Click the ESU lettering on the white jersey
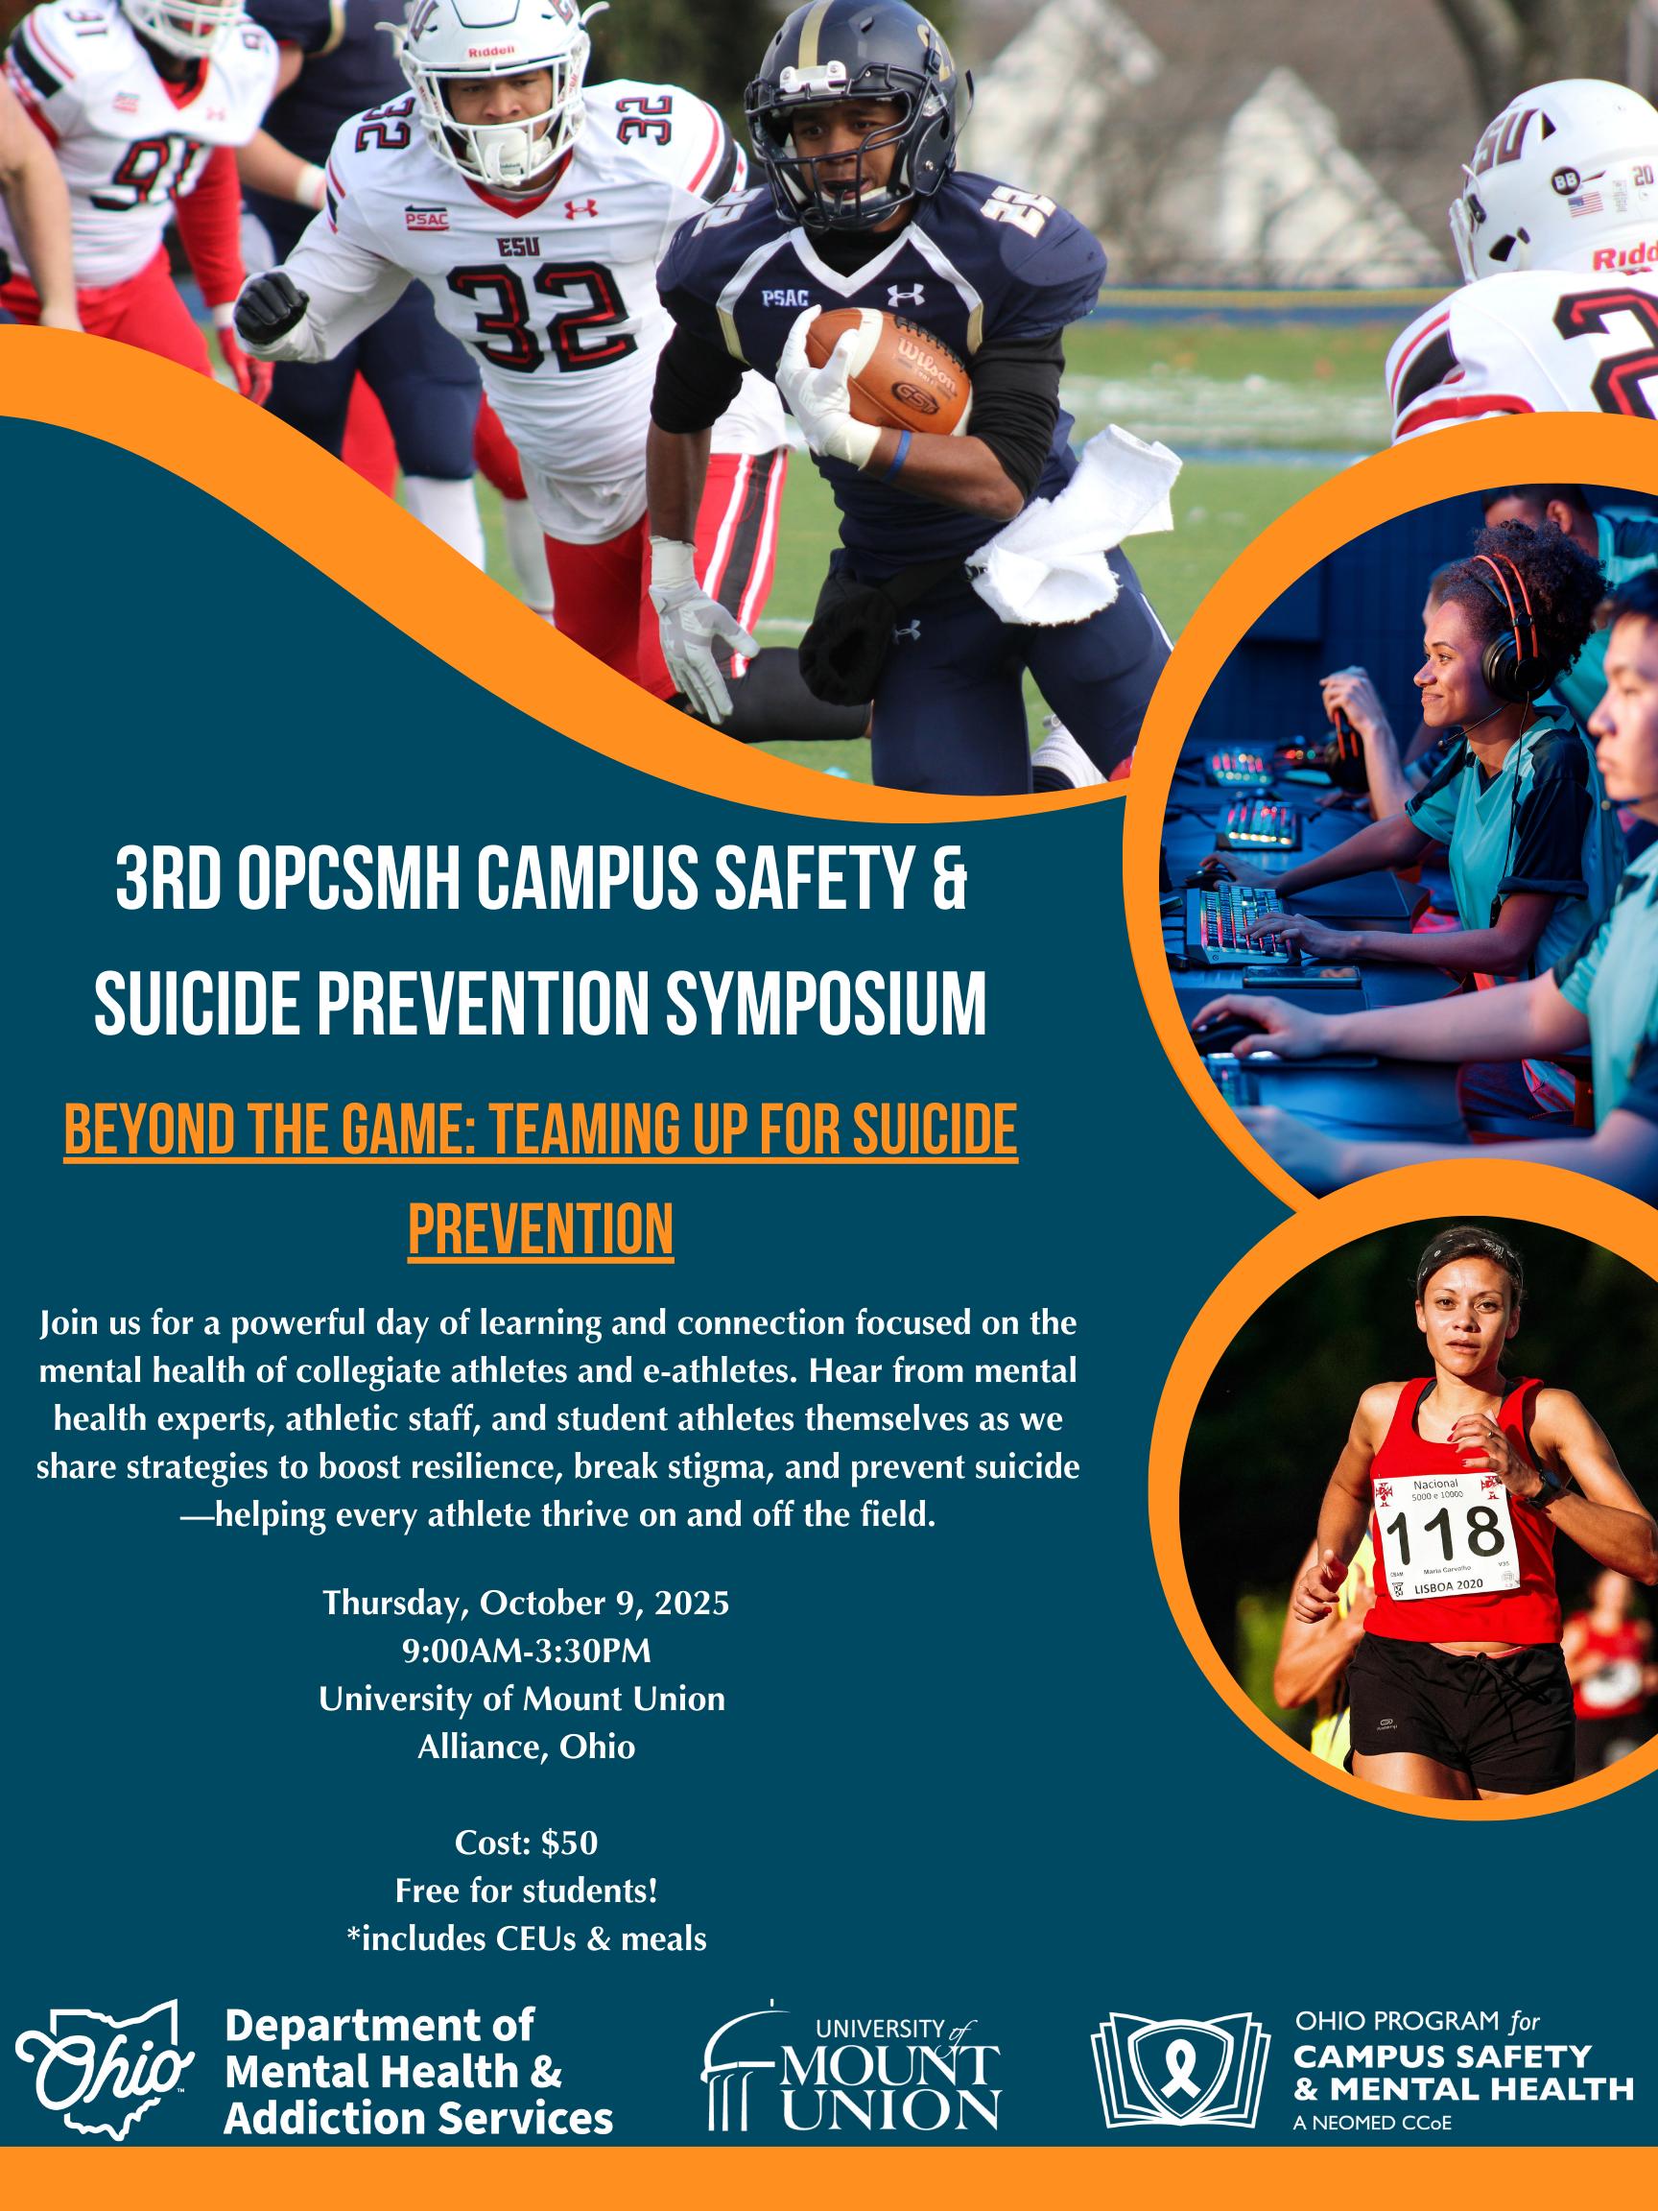point(519,245)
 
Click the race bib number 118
point(1445,1533)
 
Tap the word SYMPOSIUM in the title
point(825,1004)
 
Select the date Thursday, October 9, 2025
point(526,1604)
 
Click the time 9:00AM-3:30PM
point(527,1651)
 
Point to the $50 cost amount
point(570,1842)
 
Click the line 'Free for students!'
point(527,1890)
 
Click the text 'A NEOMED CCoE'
point(1372,2122)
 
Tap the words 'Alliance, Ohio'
point(527,1747)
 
